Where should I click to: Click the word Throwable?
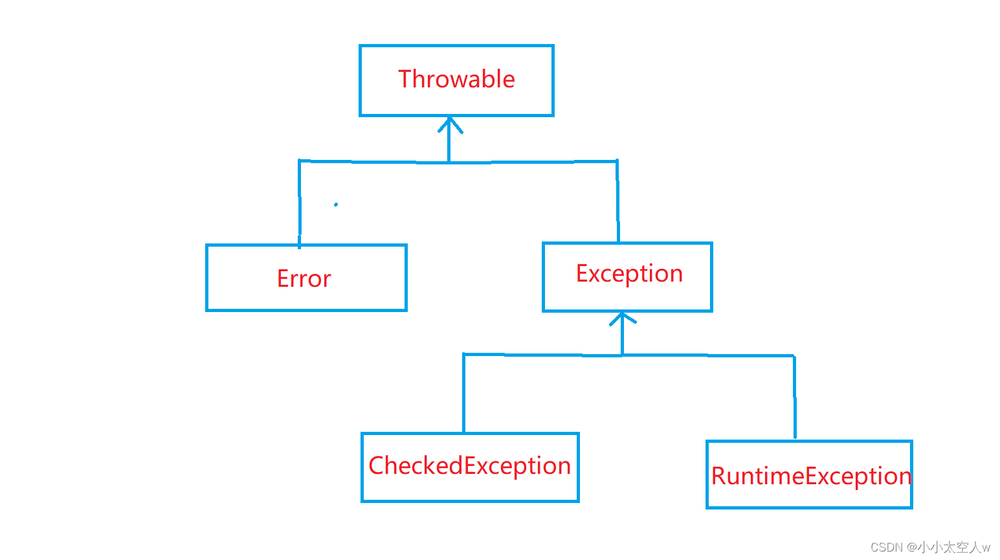pos(456,79)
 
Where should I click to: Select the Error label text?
pos(304,278)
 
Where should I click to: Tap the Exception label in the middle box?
pos(629,273)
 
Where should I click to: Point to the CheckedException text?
pos(469,465)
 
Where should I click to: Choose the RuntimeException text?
pos(811,476)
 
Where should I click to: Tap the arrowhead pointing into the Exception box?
pos(623,318)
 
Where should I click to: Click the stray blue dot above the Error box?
pos(336,205)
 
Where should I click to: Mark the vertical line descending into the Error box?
pos(299,204)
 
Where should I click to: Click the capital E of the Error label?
pos(282,278)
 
